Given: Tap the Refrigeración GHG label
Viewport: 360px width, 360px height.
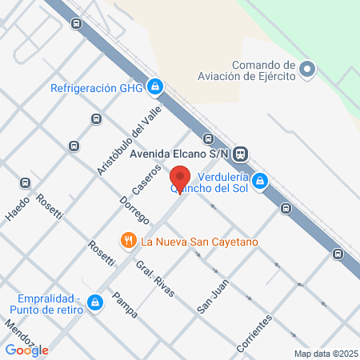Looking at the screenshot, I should pyautogui.click(x=101, y=88).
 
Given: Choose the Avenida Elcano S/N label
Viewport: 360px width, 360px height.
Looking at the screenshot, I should pyautogui.click(x=186, y=153).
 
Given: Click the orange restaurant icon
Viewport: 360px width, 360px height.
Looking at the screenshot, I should pyautogui.click(x=127, y=240).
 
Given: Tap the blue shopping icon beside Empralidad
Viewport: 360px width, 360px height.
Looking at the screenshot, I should pyautogui.click(x=95, y=302).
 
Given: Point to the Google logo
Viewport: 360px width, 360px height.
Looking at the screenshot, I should pyautogui.click(x=27, y=350).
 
